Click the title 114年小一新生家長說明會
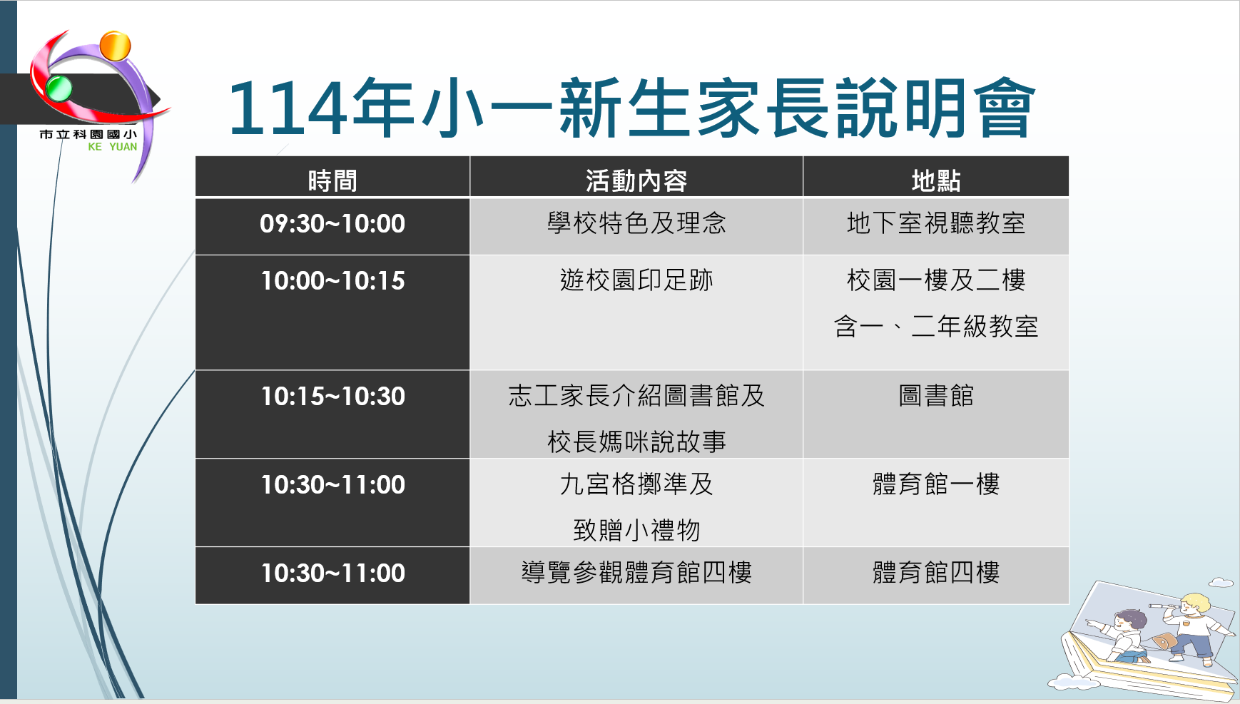click(631, 108)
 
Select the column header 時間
click(332, 180)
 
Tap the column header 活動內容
click(636, 180)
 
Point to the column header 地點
click(936, 180)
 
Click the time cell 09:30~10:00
click(332, 223)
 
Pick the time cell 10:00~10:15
click(332, 280)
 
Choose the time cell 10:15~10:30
click(332, 396)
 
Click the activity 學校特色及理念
click(636, 223)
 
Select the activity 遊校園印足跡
click(636, 280)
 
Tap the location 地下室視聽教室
click(936, 223)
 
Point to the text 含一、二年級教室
click(936, 326)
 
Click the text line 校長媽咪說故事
click(636, 442)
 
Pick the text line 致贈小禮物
click(636, 530)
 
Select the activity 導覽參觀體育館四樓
click(636, 573)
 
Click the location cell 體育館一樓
click(936, 484)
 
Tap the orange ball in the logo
click(115, 46)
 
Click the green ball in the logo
click(59, 88)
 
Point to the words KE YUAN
click(113, 147)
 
